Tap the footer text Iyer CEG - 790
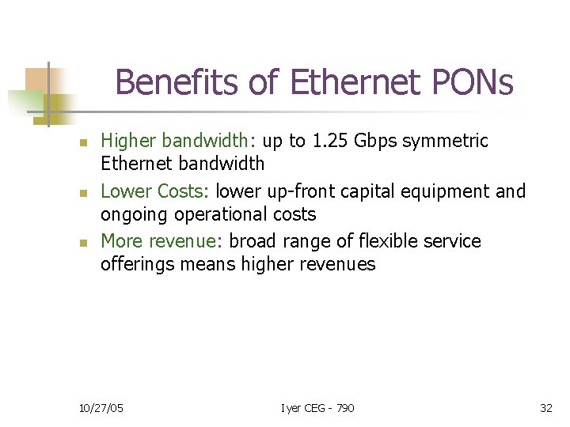click(318, 408)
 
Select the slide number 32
click(545, 408)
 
